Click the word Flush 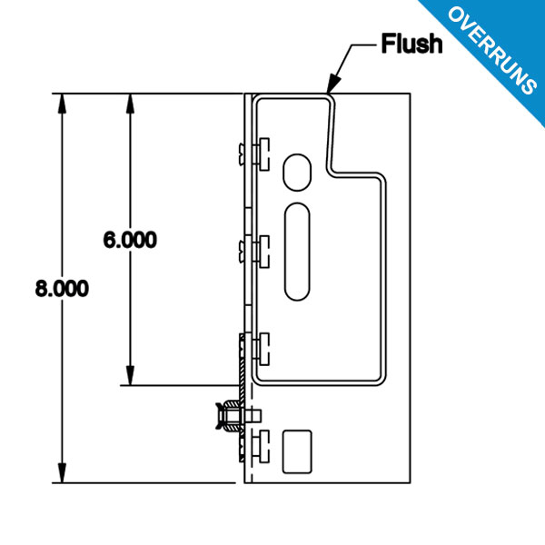(x=411, y=44)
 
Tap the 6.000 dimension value (x=130, y=240)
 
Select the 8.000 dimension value (x=62, y=288)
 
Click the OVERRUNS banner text (x=493, y=50)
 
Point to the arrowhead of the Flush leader (x=332, y=84)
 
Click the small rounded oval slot (x=297, y=173)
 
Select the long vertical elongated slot (x=297, y=252)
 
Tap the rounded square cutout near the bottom (x=297, y=451)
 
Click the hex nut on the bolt (x=231, y=415)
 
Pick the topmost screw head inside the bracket (x=264, y=154)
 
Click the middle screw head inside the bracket (x=264, y=252)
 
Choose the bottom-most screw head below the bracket (x=264, y=446)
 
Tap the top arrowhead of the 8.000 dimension (x=62, y=104)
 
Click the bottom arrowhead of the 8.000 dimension (x=62, y=473)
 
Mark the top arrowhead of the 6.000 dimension (x=130, y=104)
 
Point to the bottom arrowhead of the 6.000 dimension (x=130, y=376)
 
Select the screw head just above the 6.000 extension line (x=264, y=349)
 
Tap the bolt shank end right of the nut (x=254, y=415)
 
